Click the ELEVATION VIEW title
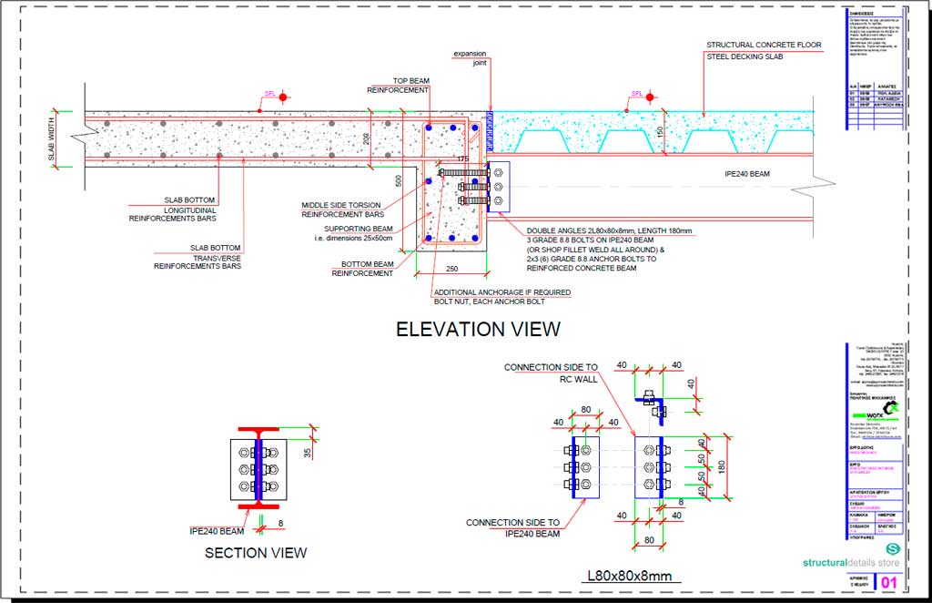pyautogui.click(x=478, y=329)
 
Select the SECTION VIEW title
pyautogui.click(x=256, y=552)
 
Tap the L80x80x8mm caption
pyautogui.click(x=629, y=576)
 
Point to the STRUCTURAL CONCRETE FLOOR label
pyautogui.click(x=764, y=45)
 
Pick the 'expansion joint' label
pyautogui.click(x=471, y=59)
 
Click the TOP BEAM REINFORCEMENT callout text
pyautogui.click(x=398, y=85)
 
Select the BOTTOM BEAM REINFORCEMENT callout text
pyautogui.click(x=361, y=268)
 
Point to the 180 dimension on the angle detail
pyautogui.click(x=720, y=466)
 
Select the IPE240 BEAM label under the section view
pyautogui.click(x=216, y=530)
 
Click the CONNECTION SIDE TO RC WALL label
pyautogui.click(x=551, y=373)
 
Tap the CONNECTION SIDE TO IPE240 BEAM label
pyautogui.click(x=512, y=528)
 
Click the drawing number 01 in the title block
pyautogui.click(x=888, y=581)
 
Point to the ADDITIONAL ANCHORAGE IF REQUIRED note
pyautogui.click(x=502, y=292)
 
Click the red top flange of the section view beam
pyautogui.click(x=258, y=430)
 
